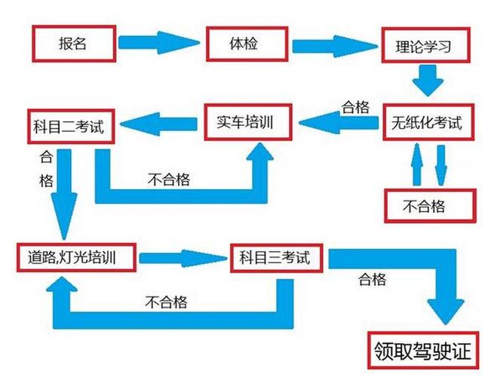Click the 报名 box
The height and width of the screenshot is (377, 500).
pyautogui.click(x=74, y=43)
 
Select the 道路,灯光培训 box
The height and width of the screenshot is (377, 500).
pyautogui.click(x=78, y=259)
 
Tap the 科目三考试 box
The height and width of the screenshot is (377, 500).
pyautogui.click(x=280, y=258)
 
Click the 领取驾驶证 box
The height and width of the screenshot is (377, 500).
pyautogui.click(x=425, y=351)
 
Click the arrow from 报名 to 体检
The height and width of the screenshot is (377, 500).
pyautogui.click(x=160, y=43)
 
